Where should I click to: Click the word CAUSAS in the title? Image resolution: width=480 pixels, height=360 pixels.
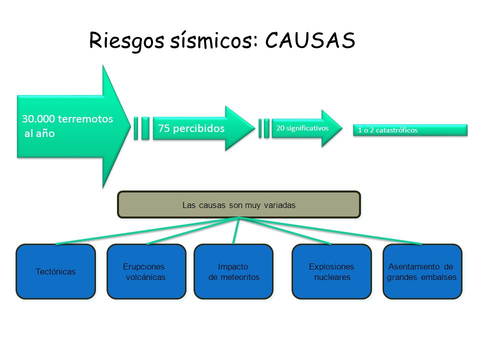click(x=310, y=40)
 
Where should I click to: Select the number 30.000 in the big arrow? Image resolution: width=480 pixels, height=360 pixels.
click(x=38, y=119)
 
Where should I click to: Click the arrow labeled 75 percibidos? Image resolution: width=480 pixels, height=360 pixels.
click(x=204, y=128)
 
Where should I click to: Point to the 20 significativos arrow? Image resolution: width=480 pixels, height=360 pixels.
click(x=307, y=128)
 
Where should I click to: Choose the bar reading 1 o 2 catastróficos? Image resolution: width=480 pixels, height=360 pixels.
click(x=410, y=130)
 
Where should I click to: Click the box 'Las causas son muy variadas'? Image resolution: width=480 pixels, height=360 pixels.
click(x=239, y=204)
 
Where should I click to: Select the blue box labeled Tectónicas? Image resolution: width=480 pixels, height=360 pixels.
click(x=55, y=271)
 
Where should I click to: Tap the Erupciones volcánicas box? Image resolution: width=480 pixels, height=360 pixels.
click(x=146, y=271)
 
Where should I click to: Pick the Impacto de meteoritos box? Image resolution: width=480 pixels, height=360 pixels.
click(x=233, y=271)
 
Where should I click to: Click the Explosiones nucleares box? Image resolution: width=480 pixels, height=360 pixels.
click(x=332, y=271)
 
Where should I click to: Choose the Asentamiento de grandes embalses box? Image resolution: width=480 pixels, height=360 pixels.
click(x=422, y=271)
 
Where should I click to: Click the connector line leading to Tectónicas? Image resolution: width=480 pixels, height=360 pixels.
click(x=147, y=231)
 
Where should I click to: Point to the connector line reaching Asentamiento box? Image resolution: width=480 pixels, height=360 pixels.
click(x=331, y=231)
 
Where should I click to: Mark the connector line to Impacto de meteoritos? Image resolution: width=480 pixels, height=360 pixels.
click(x=236, y=231)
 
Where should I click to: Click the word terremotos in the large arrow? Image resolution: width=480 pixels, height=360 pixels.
click(x=85, y=119)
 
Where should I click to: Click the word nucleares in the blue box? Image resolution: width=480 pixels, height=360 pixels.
click(x=332, y=277)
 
